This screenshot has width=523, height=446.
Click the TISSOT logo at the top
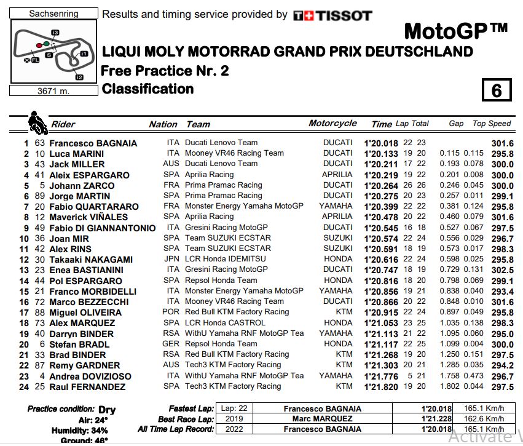(332, 15)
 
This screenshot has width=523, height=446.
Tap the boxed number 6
(497, 90)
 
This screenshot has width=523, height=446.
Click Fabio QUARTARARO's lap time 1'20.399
(381, 206)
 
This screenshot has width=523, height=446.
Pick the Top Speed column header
(492, 124)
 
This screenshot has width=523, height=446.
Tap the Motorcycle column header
(332, 124)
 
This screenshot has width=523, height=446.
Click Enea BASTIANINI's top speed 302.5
(500, 270)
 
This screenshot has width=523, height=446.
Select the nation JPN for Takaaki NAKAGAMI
(173, 259)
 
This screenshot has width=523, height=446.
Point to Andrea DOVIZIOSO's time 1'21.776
(381, 376)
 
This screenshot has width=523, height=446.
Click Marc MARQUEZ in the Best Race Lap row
(322, 419)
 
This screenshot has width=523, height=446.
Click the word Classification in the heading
(147, 89)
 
